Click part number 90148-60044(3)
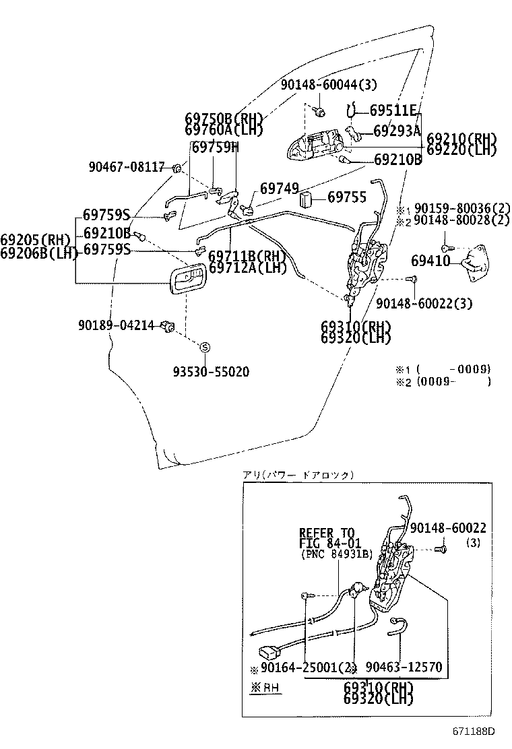click(x=329, y=84)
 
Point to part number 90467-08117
click(x=126, y=166)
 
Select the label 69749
click(x=279, y=189)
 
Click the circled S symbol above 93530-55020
click(x=205, y=346)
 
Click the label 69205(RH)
click(x=35, y=239)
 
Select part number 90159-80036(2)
click(x=462, y=209)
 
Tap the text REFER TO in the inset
click(x=326, y=533)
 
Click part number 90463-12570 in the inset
click(x=404, y=667)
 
